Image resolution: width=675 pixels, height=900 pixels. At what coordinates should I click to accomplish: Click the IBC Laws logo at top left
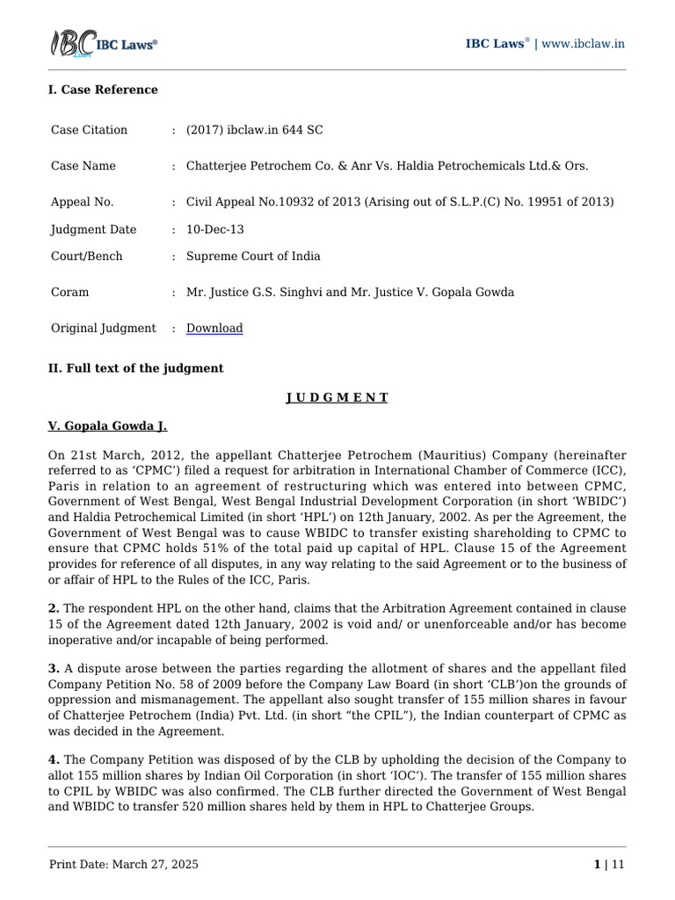point(103,45)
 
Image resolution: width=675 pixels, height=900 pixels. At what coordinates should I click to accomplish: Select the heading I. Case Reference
point(103,90)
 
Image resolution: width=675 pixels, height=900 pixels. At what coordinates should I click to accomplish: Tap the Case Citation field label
point(89,130)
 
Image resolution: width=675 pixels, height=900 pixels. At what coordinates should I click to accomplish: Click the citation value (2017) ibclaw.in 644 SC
point(254,130)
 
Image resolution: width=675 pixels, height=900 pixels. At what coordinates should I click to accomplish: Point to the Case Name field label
point(83,166)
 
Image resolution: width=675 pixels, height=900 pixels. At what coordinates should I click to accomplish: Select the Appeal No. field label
point(82,202)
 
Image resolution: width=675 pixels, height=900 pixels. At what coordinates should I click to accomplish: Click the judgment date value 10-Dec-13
point(215,229)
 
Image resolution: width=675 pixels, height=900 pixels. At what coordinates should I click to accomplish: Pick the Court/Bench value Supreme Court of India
point(253,257)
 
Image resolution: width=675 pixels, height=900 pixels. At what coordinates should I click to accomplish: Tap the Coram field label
point(69,292)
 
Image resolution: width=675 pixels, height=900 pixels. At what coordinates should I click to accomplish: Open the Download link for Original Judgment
point(214,328)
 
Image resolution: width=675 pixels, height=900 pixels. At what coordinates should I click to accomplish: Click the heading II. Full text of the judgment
point(135,368)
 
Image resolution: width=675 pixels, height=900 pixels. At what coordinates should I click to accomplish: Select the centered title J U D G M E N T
point(337,397)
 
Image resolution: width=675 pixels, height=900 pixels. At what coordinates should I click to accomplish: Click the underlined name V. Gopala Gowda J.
point(107,426)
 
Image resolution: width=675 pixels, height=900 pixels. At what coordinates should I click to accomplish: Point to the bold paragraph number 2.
point(52,608)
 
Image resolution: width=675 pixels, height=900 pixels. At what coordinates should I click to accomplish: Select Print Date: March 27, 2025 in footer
point(123,865)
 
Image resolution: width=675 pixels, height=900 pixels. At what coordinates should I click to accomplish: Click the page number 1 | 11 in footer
point(609,865)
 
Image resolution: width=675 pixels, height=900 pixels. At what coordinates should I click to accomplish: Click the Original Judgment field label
point(103,328)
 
